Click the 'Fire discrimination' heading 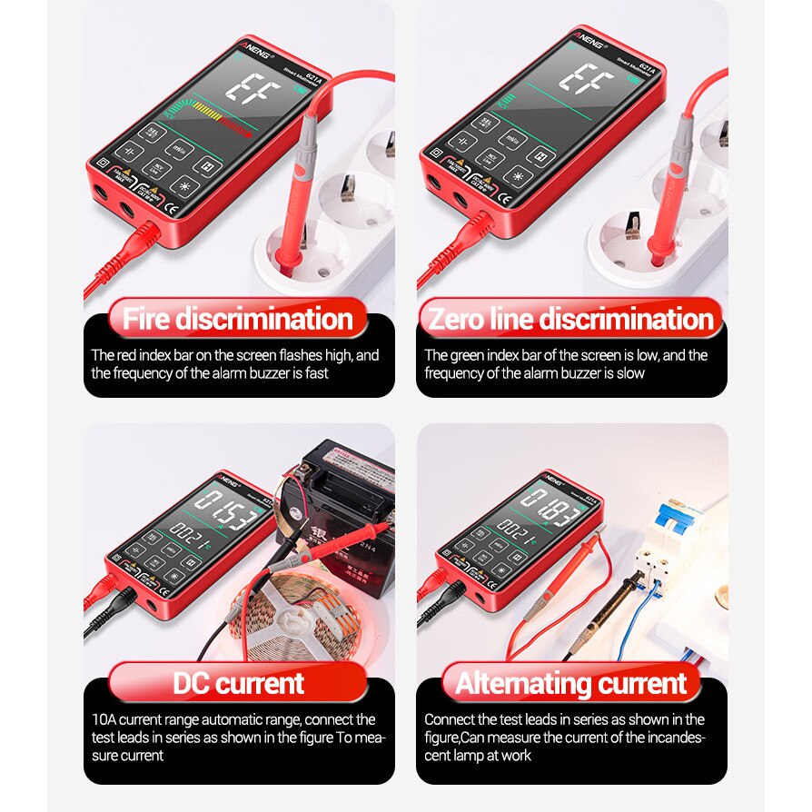tap(238, 320)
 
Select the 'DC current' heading tap(238, 683)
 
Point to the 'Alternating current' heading tap(571, 683)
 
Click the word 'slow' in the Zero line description tap(629, 373)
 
